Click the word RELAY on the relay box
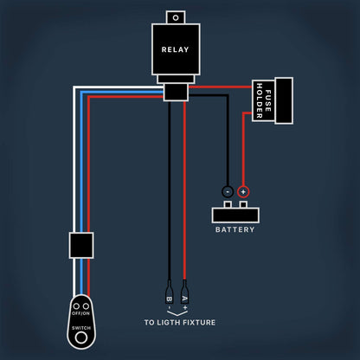pyautogui.click(x=175, y=49)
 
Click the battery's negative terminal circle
pyautogui.click(x=227, y=191)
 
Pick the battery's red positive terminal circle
pyautogui.click(x=243, y=191)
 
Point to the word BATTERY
pyautogui.click(x=235, y=230)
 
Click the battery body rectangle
pyautogui.click(x=235, y=214)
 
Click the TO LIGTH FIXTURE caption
pyautogui.click(x=179, y=323)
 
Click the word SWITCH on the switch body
pyautogui.click(x=80, y=328)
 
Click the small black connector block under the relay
pyautogui.click(x=176, y=91)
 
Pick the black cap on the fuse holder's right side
pyautogui.click(x=284, y=101)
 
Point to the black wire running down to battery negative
pyautogui.click(x=227, y=138)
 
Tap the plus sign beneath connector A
pyautogui.click(x=184, y=308)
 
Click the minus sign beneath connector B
pyautogui.click(x=169, y=308)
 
